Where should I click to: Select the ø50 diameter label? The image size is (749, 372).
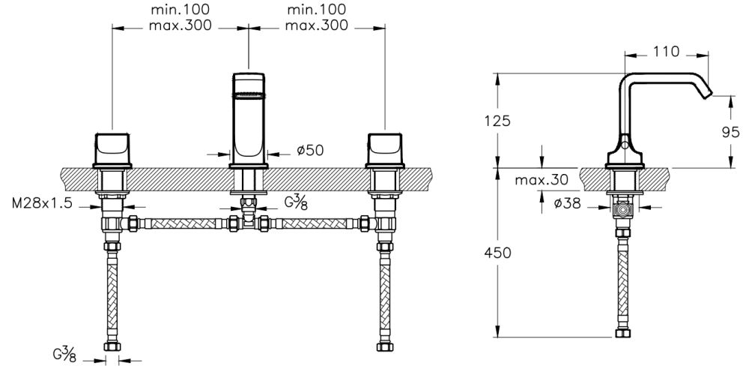tap(309, 151)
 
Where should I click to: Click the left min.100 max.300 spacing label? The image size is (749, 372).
tap(180, 17)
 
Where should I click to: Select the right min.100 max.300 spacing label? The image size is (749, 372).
tap(315, 17)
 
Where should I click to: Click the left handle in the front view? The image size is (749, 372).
tap(112, 148)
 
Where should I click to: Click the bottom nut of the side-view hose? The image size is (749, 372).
tap(621, 333)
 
